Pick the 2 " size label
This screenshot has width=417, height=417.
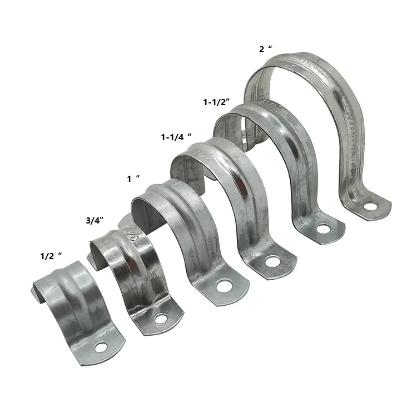[x=266, y=48]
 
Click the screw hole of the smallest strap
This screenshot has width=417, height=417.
[x=101, y=348]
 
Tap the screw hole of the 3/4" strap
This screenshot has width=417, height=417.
[x=161, y=319]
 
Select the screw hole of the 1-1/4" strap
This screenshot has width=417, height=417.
[x=272, y=260]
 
